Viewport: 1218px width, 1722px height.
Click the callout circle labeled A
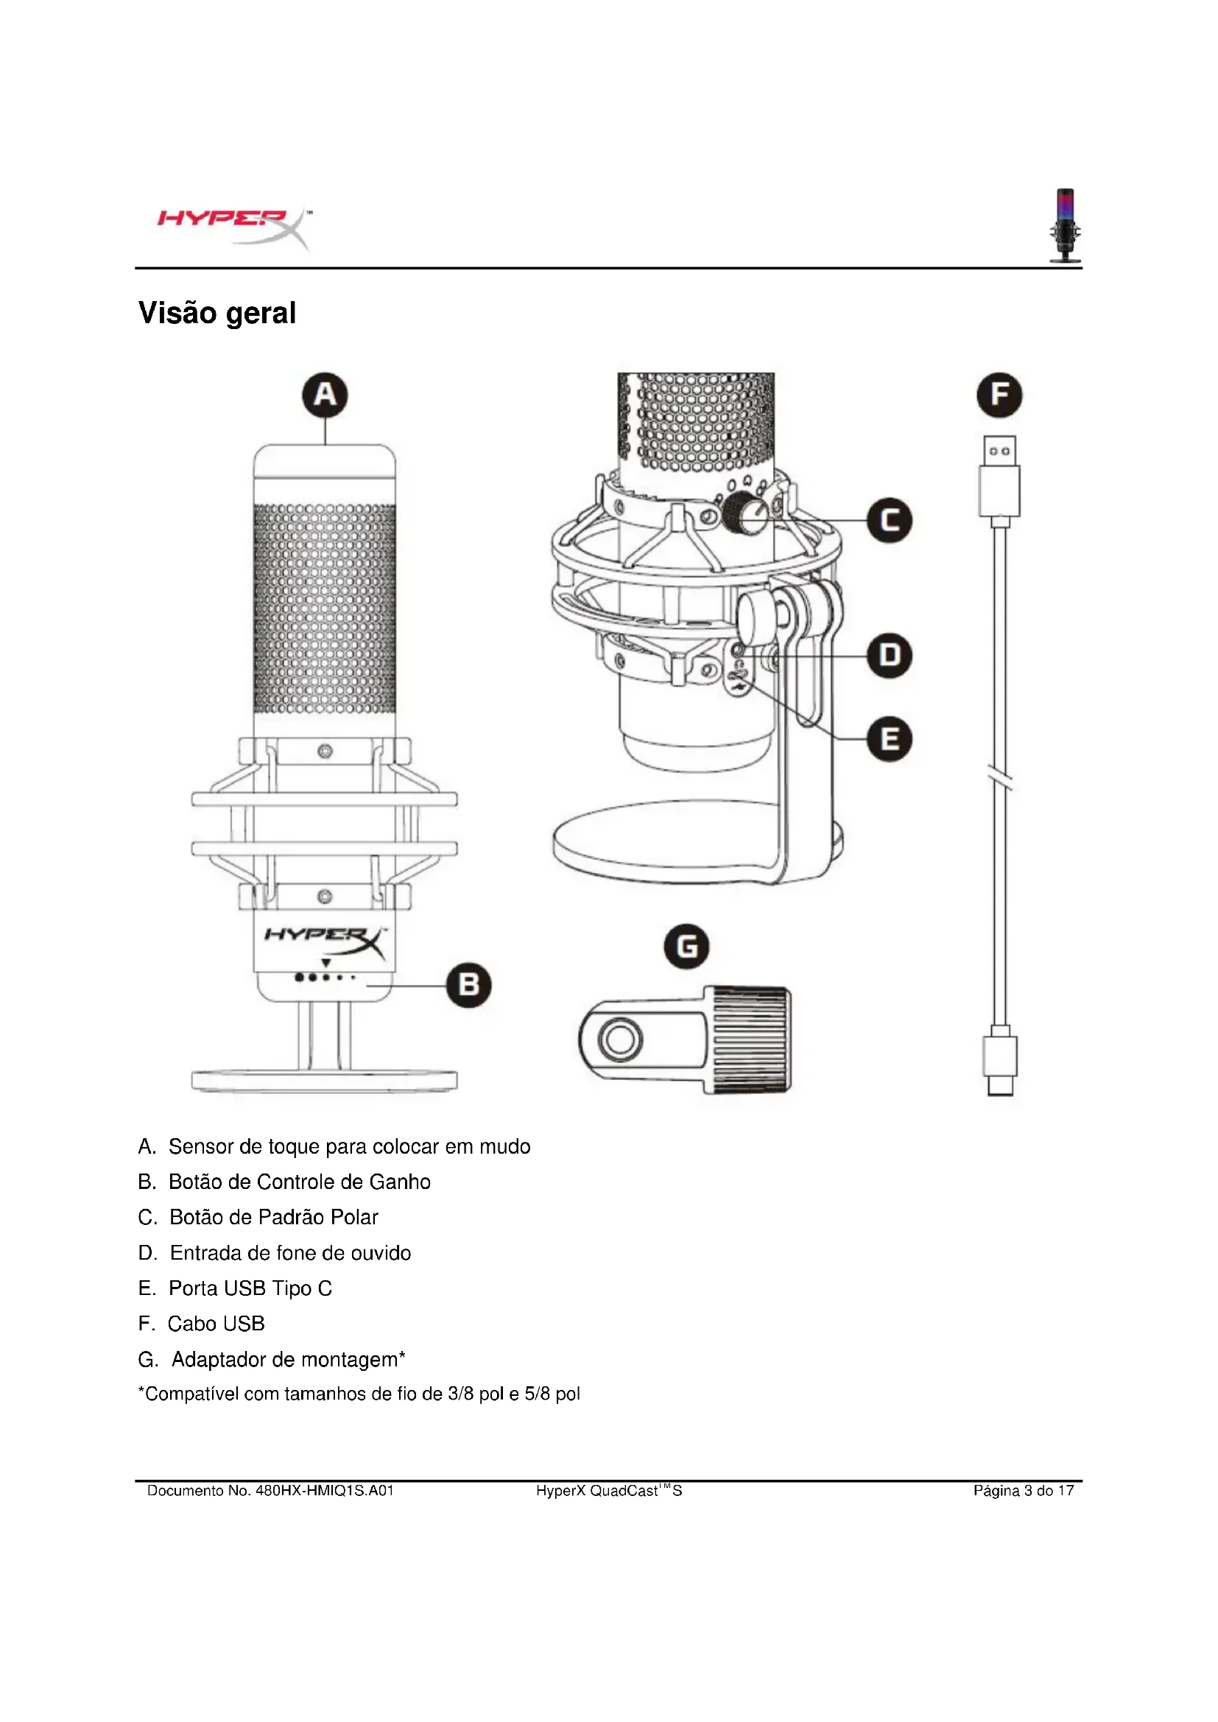point(325,395)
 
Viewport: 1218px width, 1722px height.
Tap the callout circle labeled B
point(469,985)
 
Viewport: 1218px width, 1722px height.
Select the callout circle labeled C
point(890,521)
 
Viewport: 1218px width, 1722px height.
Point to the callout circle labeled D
point(890,655)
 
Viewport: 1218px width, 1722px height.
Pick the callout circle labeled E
point(890,738)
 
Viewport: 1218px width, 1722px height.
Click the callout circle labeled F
point(999,395)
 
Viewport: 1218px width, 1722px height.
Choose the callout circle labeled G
point(686,946)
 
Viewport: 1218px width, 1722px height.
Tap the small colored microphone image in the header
point(1065,225)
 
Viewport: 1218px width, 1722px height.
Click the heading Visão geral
point(217,313)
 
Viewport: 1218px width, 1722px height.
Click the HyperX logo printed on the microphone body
point(325,937)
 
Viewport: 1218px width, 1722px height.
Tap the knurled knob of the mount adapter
point(750,1040)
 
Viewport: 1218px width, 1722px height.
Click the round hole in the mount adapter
point(619,1040)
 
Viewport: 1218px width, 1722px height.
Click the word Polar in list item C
point(355,1217)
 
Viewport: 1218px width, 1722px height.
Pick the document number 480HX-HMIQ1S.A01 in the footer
point(325,1491)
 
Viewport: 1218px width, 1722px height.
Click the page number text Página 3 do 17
point(1023,1491)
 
